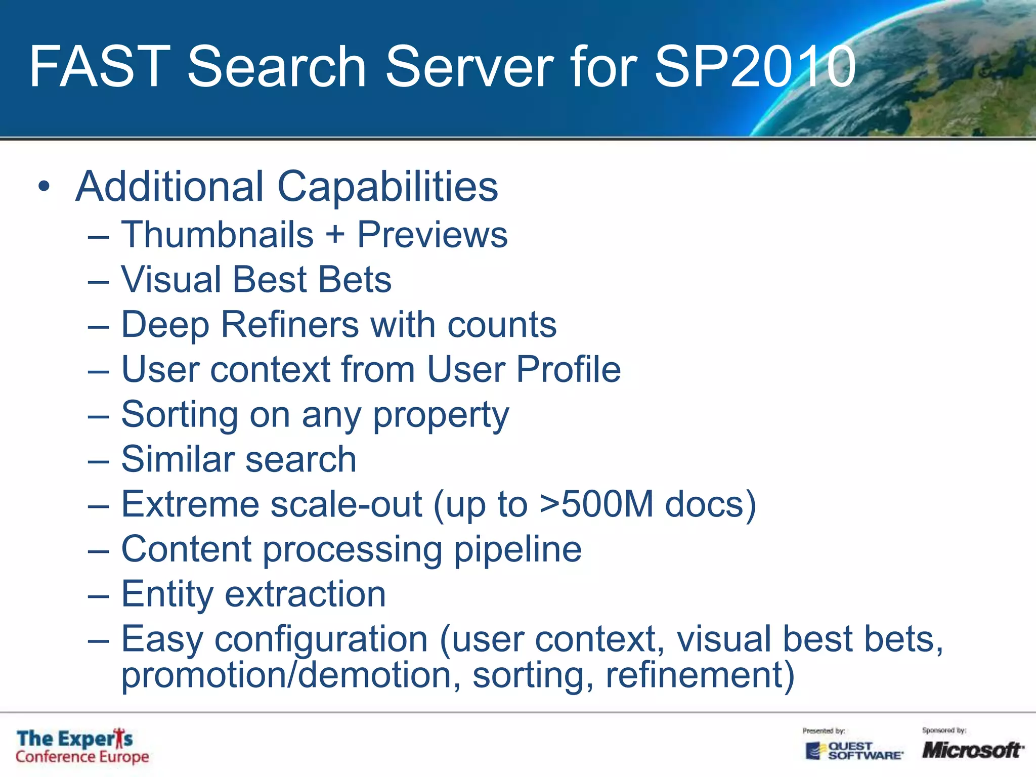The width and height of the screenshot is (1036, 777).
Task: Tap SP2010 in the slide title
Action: coord(755,67)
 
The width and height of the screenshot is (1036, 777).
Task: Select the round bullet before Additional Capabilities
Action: coord(45,187)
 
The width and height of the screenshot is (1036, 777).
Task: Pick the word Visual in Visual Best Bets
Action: coord(171,280)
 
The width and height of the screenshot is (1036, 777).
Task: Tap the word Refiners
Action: coord(290,324)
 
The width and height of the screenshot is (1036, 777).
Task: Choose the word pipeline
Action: coord(517,549)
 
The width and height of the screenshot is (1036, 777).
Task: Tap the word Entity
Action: coord(167,594)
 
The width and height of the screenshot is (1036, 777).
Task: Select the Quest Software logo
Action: coord(854,750)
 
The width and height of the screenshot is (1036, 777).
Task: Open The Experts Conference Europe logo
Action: coord(82,747)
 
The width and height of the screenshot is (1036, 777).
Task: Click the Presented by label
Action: coord(824,730)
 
